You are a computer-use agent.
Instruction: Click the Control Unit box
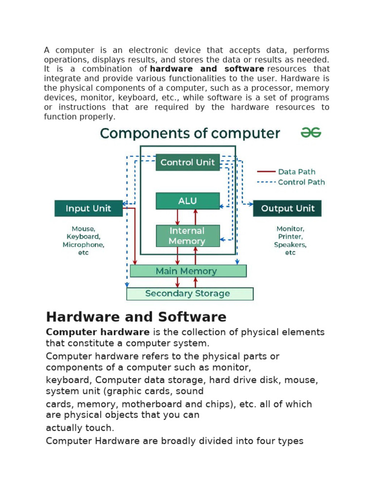click(187, 162)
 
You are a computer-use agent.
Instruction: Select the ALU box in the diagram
click(187, 201)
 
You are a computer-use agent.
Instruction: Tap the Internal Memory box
click(187, 236)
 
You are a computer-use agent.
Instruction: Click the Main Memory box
click(188, 271)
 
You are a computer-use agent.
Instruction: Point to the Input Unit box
click(88, 209)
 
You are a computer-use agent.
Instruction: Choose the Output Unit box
click(287, 209)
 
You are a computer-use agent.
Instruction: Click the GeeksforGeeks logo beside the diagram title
click(311, 133)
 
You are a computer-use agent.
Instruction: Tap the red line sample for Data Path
click(265, 172)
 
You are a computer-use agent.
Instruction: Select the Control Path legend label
click(301, 182)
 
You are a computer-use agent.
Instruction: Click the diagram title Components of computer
click(190, 133)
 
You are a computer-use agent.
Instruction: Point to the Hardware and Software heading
click(136, 317)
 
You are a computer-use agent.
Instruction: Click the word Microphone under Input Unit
click(83, 245)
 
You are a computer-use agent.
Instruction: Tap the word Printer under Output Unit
click(290, 237)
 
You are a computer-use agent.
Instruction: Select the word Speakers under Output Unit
click(290, 245)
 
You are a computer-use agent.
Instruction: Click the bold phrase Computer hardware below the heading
click(97, 332)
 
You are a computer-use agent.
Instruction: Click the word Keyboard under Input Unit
click(83, 237)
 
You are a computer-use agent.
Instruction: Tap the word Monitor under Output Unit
click(290, 229)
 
